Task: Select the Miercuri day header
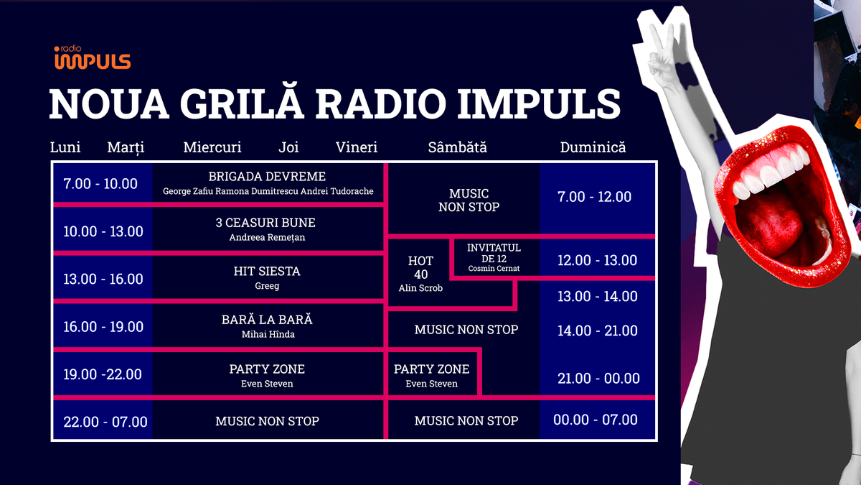tap(212, 147)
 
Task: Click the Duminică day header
tap(593, 147)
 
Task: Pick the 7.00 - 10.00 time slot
tap(100, 184)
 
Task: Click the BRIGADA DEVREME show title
tap(267, 177)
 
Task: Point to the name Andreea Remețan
tap(267, 238)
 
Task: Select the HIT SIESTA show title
tap(267, 272)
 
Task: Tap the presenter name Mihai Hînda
tap(267, 334)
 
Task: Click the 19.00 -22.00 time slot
tap(103, 374)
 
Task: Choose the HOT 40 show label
tap(420, 267)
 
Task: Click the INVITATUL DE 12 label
tap(494, 252)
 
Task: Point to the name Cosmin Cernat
tap(494, 269)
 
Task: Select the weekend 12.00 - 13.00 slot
tap(597, 260)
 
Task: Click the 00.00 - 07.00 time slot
tap(596, 420)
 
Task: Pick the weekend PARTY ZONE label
tap(431, 369)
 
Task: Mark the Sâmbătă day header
tap(458, 147)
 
